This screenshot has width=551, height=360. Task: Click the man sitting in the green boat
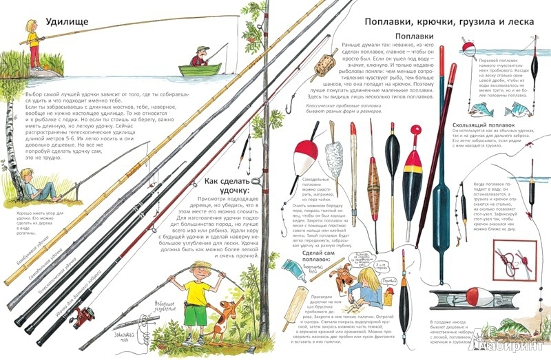tap(199, 58)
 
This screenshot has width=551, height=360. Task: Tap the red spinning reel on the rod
tap(85, 316)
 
